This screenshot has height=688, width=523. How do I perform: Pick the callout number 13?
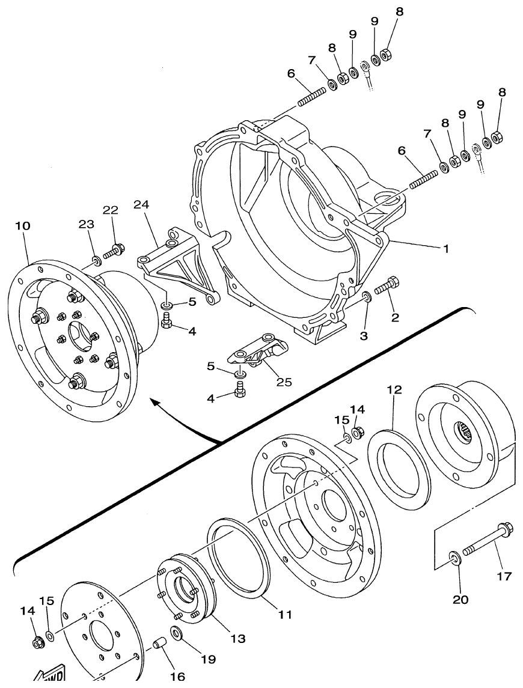coord(238,638)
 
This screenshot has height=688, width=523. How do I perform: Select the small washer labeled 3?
coord(366,297)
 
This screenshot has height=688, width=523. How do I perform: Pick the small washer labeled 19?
coord(177,633)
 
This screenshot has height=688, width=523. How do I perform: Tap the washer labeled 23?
coord(96,260)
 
